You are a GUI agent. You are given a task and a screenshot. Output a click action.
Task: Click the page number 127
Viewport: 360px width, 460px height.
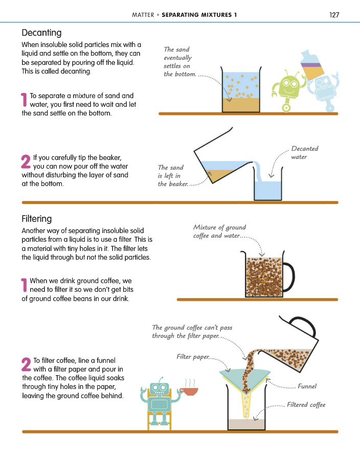(x=334, y=15)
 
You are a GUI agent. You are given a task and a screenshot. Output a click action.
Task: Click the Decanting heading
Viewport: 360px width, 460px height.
(x=41, y=33)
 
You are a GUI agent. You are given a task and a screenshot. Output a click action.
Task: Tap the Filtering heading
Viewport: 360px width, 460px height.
(x=37, y=219)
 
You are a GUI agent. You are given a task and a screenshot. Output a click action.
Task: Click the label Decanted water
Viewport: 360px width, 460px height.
(x=305, y=152)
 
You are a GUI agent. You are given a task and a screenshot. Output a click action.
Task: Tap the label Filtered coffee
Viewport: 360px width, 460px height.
(x=306, y=405)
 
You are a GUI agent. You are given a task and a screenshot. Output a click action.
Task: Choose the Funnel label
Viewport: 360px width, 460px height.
(x=307, y=386)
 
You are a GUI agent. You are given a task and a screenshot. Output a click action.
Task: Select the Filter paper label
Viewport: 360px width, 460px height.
(x=193, y=357)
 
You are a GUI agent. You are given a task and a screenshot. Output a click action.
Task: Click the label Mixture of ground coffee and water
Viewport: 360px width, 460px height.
(x=219, y=232)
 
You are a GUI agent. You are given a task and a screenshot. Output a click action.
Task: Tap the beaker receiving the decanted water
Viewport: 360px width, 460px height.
(x=268, y=184)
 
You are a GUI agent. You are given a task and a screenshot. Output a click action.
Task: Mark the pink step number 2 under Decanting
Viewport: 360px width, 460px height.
(x=26, y=162)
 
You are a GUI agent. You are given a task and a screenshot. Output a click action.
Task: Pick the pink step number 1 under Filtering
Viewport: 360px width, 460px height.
(x=24, y=285)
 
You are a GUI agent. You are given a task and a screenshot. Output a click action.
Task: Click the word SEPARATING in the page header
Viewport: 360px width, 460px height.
(x=182, y=15)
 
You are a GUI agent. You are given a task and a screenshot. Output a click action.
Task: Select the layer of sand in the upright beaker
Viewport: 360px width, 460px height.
(x=241, y=105)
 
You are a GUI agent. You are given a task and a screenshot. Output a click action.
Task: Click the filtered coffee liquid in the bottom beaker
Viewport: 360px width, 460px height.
(x=246, y=424)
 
